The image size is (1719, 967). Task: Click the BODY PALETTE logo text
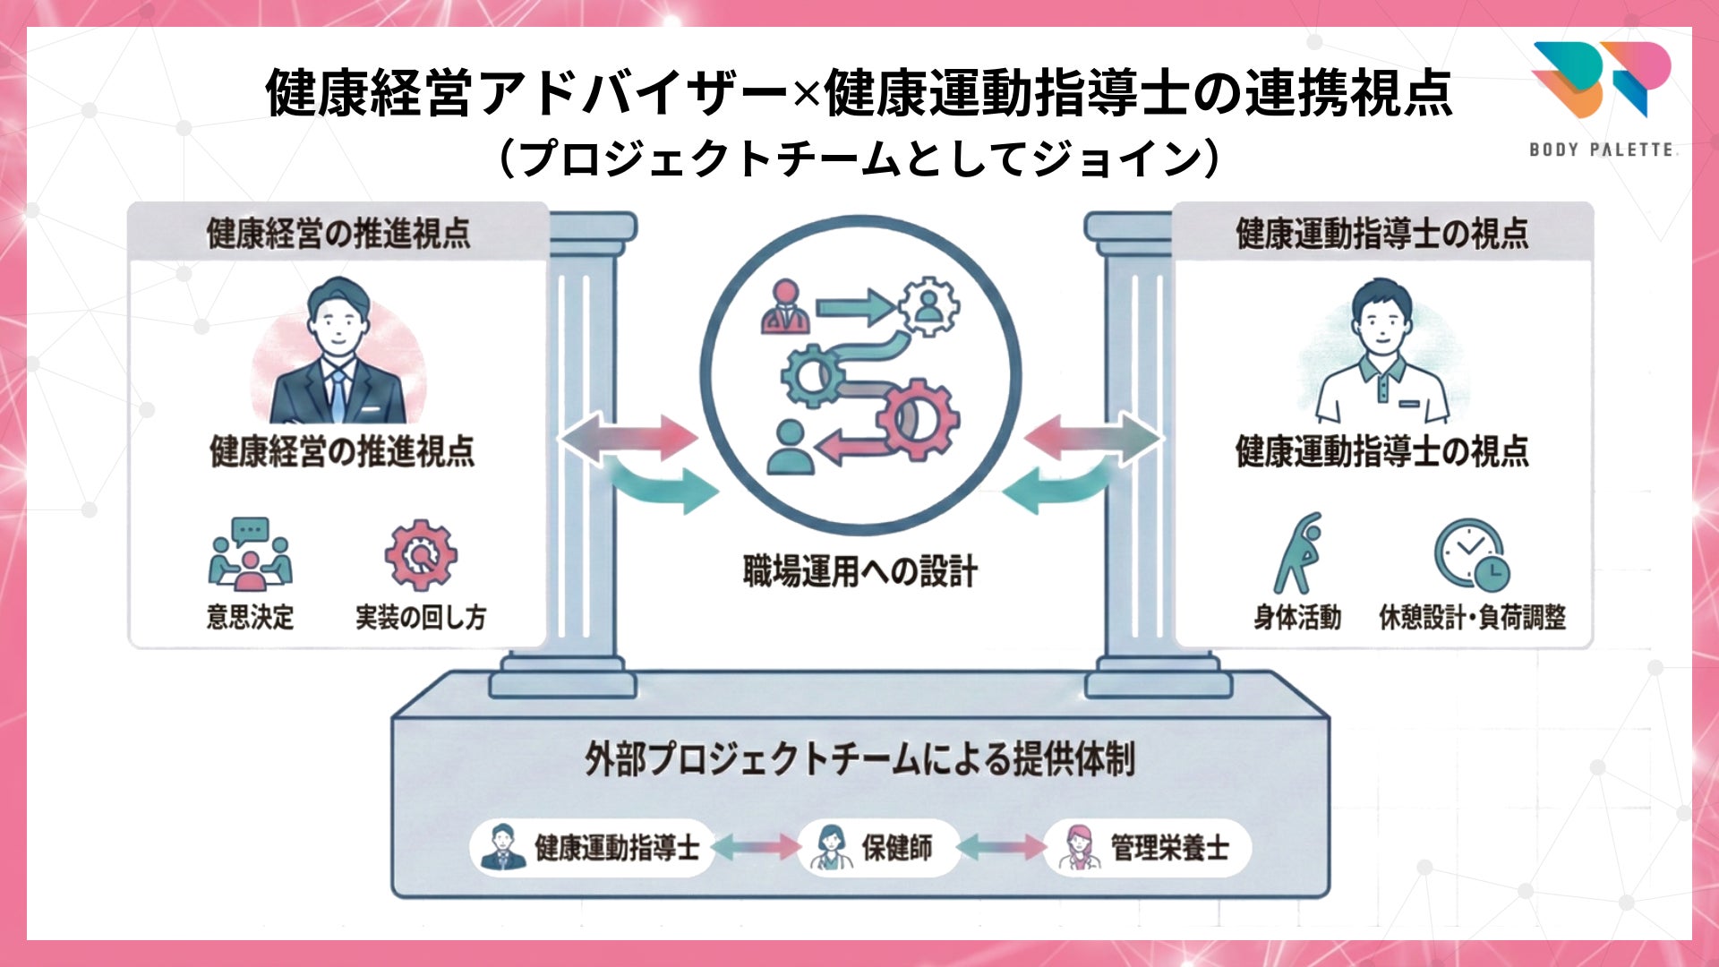point(1601,150)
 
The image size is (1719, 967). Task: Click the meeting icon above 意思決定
point(250,555)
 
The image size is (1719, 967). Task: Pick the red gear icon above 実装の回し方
point(421,555)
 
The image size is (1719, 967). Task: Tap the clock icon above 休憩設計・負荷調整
point(1471,555)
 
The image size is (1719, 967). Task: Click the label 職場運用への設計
point(859,571)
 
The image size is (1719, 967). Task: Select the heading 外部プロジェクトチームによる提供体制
point(859,759)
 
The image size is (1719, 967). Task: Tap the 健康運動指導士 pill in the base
point(591,847)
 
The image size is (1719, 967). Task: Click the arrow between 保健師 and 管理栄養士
point(1001,847)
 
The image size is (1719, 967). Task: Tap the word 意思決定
point(250,617)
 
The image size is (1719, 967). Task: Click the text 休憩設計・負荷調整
point(1472,617)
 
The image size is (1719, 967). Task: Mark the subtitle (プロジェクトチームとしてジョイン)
point(859,158)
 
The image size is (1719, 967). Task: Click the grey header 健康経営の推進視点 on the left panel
point(338,233)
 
